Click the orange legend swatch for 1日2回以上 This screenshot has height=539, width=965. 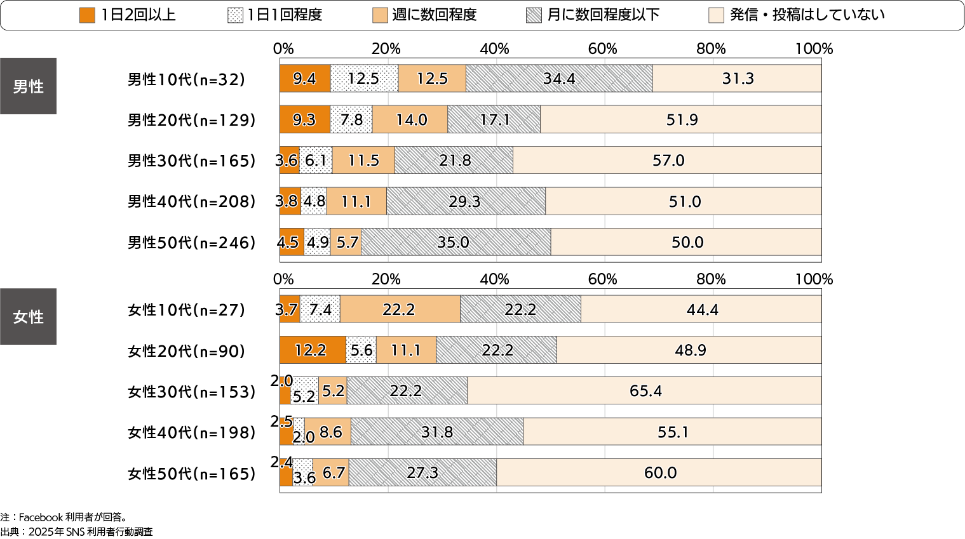(x=87, y=15)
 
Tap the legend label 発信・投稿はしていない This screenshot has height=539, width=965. (x=807, y=15)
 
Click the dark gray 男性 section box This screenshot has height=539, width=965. (x=28, y=86)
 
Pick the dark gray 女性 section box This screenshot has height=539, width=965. (x=28, y=317)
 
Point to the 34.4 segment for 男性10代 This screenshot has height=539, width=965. (x=558, y=79)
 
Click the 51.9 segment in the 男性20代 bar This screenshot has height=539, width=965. (x=681, y=119)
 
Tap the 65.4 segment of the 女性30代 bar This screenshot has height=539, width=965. (x=645, y=390)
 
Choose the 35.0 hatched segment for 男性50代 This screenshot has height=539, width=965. (x=456, y=242)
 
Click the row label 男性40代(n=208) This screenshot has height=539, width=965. (x=191, y=201)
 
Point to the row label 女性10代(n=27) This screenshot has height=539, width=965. (x=186, y=310)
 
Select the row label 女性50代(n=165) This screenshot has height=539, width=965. (x=191, y=474)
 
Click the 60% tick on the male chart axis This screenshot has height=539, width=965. (x=602, y=49)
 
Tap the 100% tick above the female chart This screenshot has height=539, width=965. (x=814, y=279)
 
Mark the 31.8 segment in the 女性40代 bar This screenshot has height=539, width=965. (x=437, y=432)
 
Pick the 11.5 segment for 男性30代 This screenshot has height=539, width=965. (x=363, y=160)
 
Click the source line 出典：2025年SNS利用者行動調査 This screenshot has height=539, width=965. (x=76, y=532)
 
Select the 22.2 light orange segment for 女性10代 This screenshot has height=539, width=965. (x=400, y=309)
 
